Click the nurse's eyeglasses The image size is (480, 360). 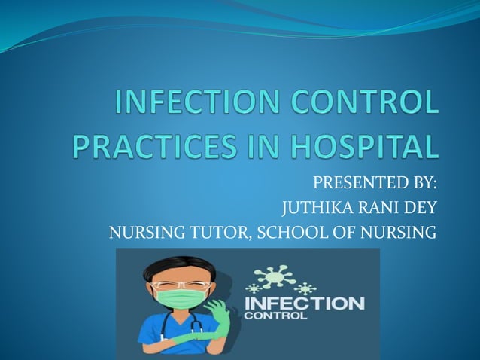[x=178, y=285]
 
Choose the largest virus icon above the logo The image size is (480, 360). [x=275, y=276]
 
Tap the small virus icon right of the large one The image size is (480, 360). [x=304, y=288]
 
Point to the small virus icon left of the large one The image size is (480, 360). [x=253, y=288]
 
